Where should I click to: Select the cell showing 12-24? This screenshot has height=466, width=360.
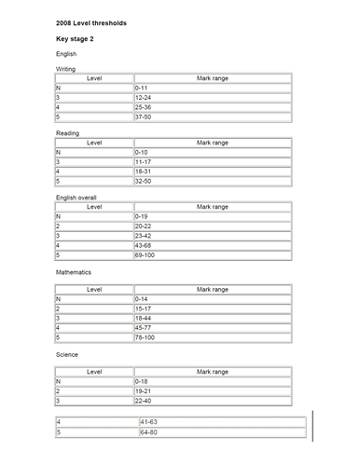(x=143, y=97)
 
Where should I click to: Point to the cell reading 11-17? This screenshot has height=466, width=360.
(x=143, y=161)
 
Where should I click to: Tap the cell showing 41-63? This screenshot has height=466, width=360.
(x=148, y=422)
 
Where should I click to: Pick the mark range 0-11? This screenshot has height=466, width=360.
(x=141, y=88)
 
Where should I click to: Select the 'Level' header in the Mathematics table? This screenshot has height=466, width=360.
(x=94, y=290)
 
